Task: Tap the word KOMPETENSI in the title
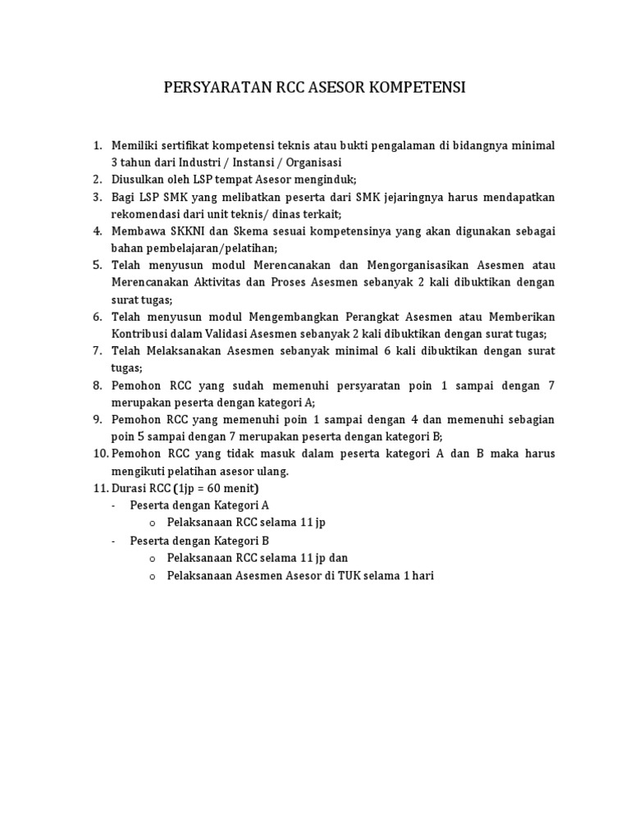point(419,87)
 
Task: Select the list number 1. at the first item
point(97,146)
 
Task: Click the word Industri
point(207,162)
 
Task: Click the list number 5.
point(97,266)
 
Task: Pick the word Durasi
point(130,489)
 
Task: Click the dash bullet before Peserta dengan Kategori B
point(113,541)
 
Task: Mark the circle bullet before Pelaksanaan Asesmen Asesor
point(153,576)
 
